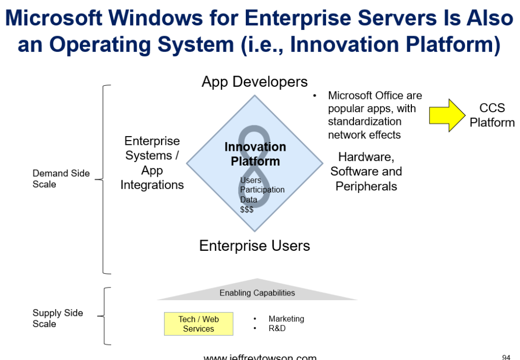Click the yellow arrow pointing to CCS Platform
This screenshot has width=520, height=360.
(446, 115)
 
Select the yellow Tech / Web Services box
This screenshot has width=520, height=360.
(199, 324)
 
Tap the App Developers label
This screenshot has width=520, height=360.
(254, 82)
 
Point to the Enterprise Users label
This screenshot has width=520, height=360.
(254, 246)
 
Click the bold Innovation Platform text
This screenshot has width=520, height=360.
(255, 154)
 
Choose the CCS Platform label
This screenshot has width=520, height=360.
(492, 115)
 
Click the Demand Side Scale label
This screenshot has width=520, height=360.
(61, 179)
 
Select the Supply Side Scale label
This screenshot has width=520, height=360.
(57, 318)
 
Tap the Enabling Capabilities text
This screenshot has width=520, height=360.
(257, 293)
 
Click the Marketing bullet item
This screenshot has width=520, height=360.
(286, 319)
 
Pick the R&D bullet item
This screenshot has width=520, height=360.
(277, 329)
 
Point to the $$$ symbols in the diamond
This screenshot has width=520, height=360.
(247, 209)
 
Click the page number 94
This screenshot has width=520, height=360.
(506, 357)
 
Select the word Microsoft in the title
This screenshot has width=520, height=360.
(63, 19)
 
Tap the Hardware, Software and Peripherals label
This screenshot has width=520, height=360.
(366, 172)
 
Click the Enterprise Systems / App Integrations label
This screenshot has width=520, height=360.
(152, 162)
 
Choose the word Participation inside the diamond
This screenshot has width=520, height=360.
(262, 189)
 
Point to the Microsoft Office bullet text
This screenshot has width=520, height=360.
(375, 115)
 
